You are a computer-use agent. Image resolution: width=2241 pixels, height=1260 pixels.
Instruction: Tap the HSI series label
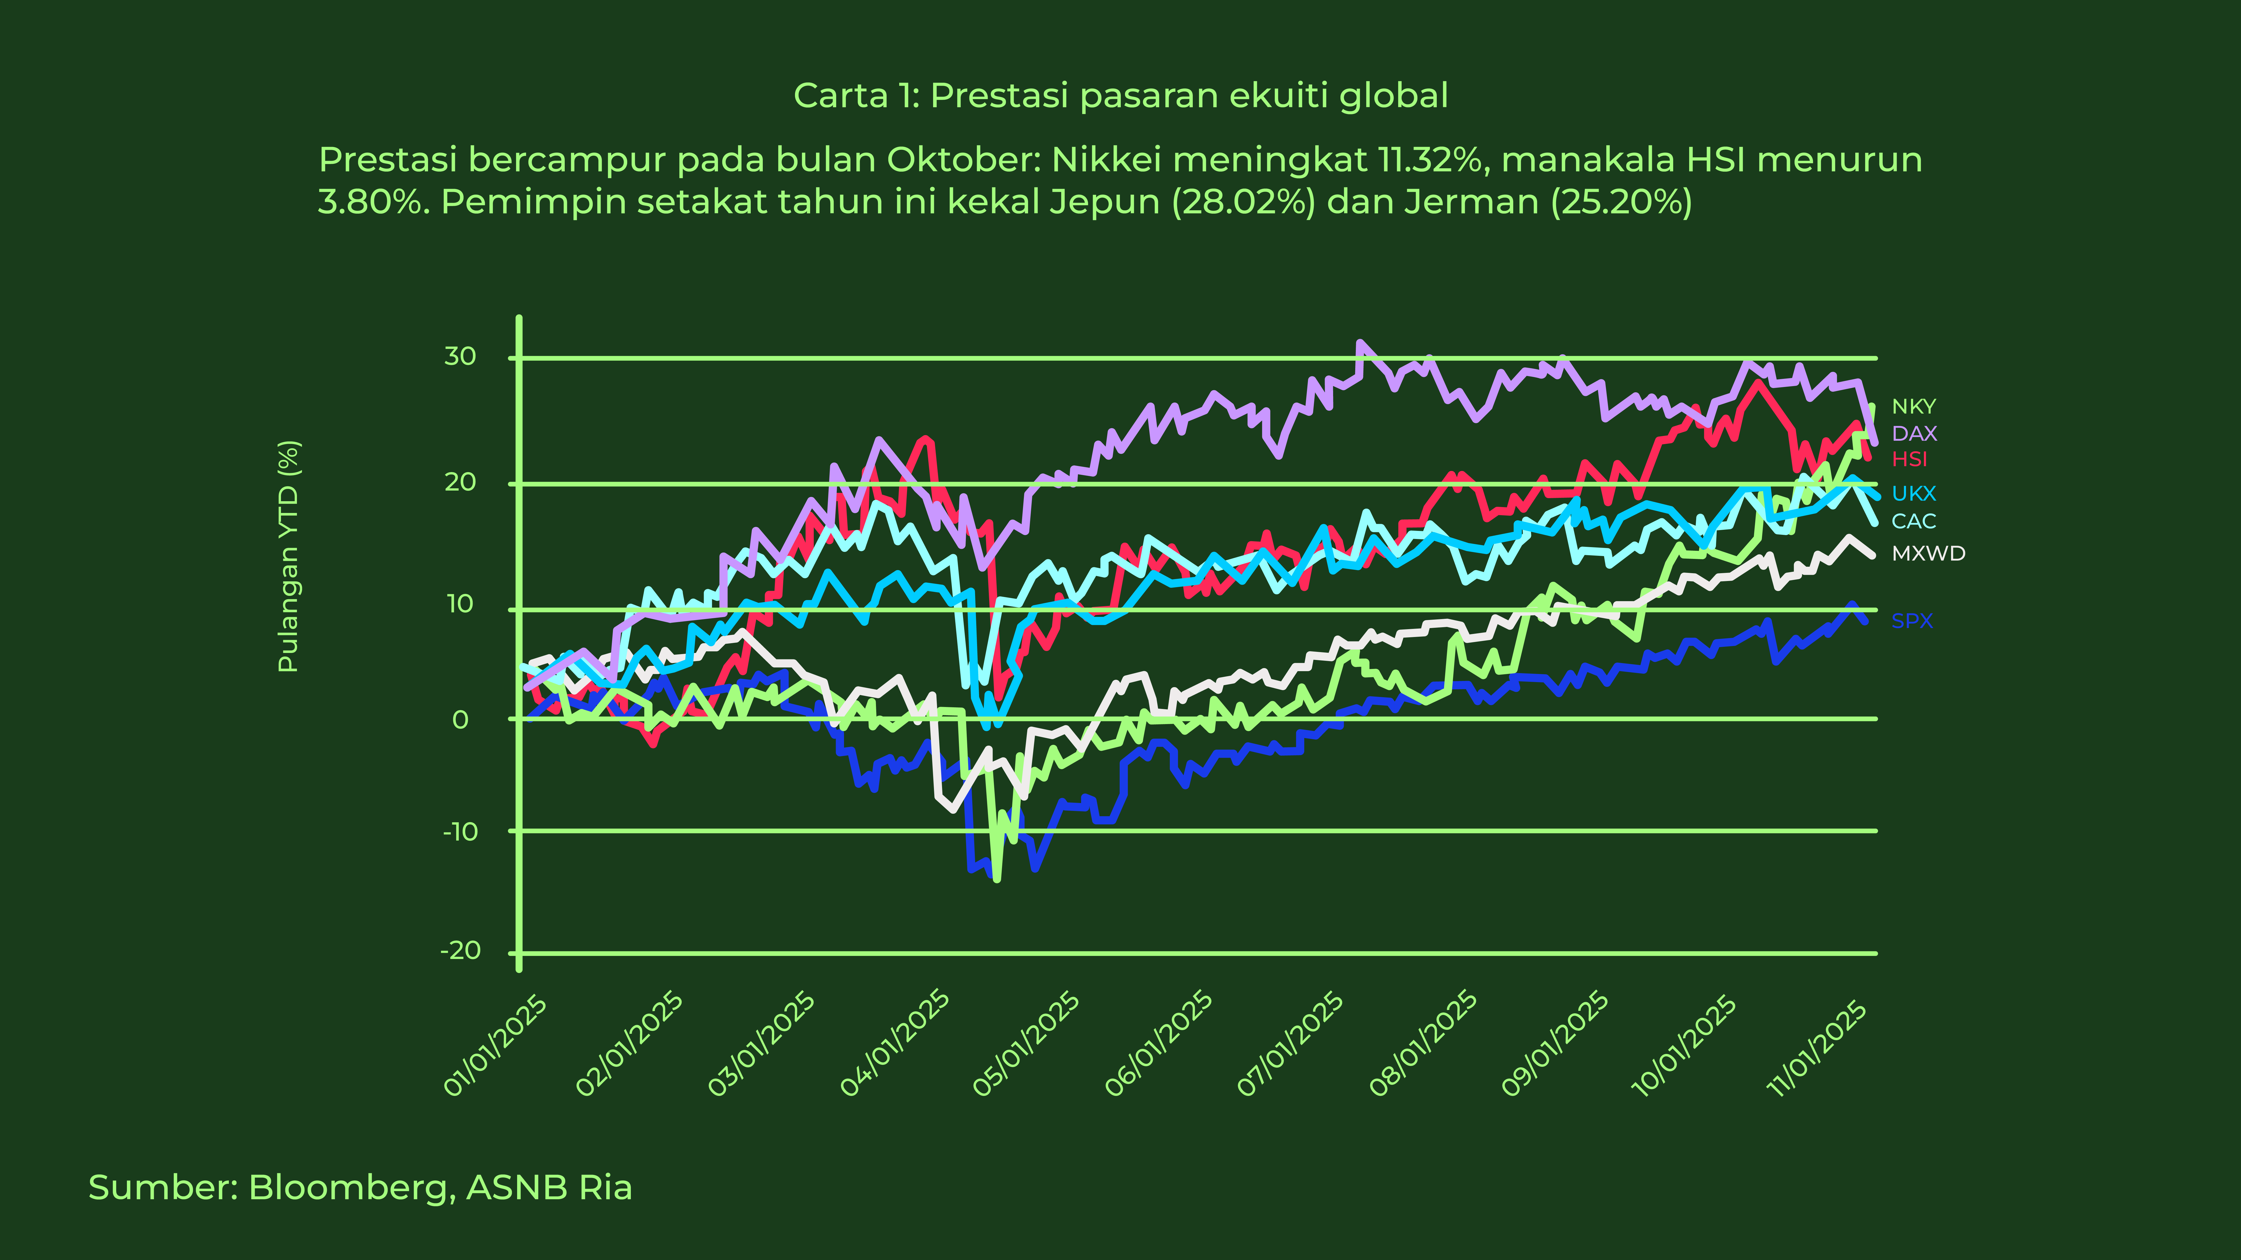pyautogui.click(x=1910, y=459)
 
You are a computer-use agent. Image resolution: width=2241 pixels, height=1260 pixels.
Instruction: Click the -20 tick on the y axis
pyautogui.click(x=460, y=950)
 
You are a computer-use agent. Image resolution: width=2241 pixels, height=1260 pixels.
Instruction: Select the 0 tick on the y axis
pyautogui.click(x=460, y=720)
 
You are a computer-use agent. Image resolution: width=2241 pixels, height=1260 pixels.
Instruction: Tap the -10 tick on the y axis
pyautogui.click(x=460, y=832)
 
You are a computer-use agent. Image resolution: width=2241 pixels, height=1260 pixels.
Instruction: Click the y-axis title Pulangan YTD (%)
pyautogui.click(x=288, y=557)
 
